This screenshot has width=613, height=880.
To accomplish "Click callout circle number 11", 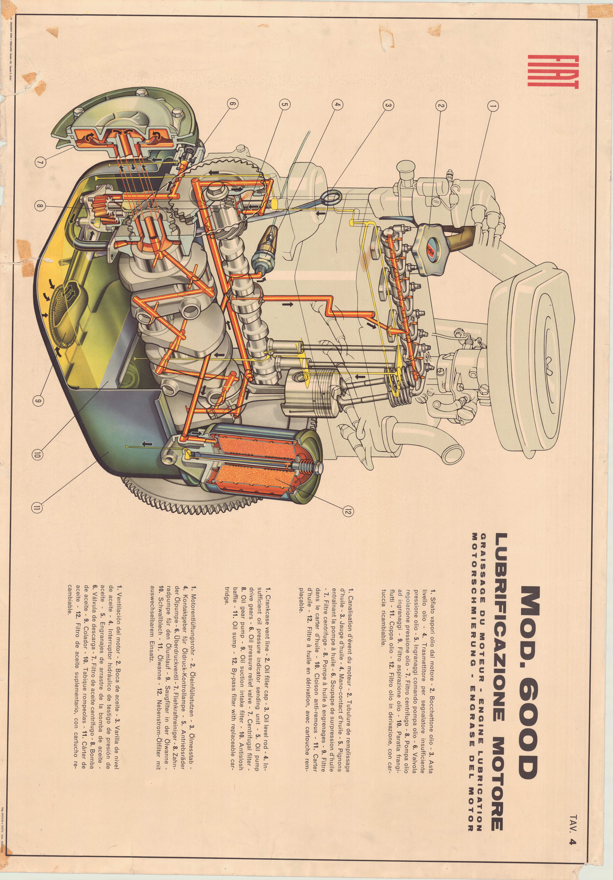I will tap(37, 508).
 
